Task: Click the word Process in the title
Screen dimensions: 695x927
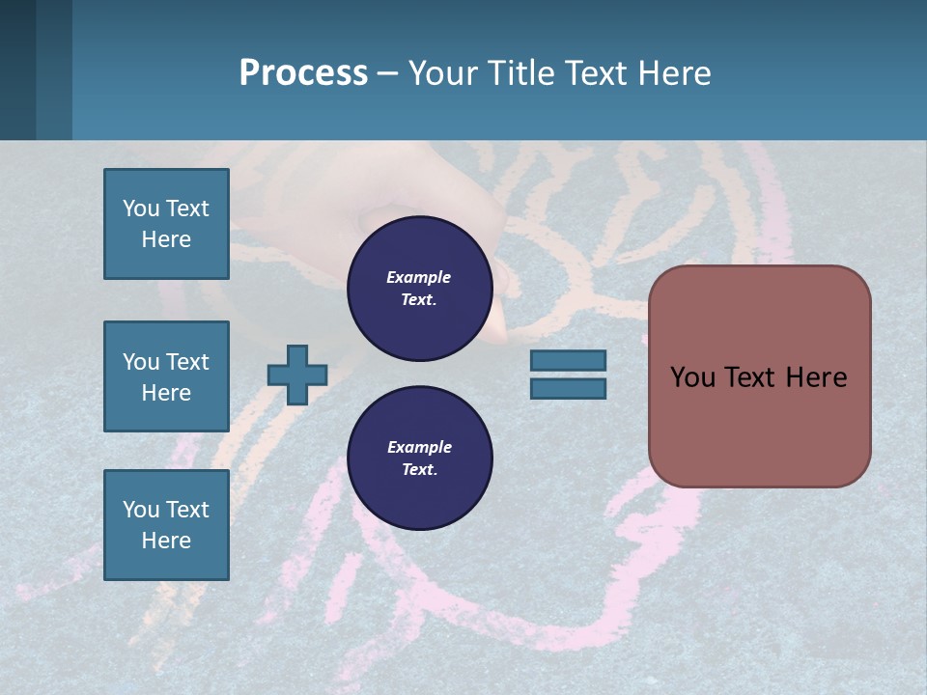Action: pos(303,73)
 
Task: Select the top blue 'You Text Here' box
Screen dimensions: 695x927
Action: pos(166,224)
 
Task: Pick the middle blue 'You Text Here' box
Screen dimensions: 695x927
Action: pos(166,376)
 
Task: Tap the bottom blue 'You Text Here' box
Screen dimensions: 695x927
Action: pos(166,524)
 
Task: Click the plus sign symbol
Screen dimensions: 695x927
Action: pos(297,375)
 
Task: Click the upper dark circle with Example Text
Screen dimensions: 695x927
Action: pos(419,288)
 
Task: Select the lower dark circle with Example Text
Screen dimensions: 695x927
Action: pos(419,458)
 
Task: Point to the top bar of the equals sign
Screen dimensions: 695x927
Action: pos(568,360)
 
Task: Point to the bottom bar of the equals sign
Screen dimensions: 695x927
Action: pos(568,388)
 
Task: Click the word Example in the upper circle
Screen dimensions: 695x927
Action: pos(419,277)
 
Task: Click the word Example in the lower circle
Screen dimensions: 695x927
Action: pos(419,447)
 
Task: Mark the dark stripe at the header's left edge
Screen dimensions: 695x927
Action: pos(17,69)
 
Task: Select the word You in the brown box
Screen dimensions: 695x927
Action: pos(692,377)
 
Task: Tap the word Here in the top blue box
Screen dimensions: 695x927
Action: pos(166,239)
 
